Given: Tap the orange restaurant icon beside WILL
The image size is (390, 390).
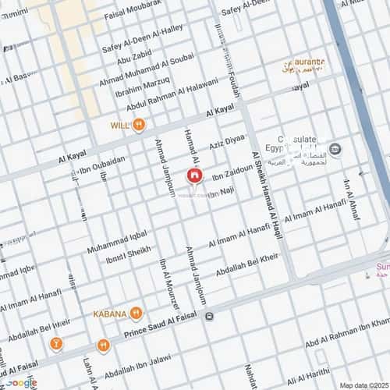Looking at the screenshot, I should pos(138,124).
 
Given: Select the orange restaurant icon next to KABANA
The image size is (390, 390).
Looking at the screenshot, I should pos(136,314).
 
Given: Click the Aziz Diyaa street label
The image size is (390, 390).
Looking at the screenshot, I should pos(227,141).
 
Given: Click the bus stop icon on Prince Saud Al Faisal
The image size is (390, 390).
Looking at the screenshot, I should pos(209,316).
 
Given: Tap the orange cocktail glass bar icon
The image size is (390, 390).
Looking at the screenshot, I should pos(56,343).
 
